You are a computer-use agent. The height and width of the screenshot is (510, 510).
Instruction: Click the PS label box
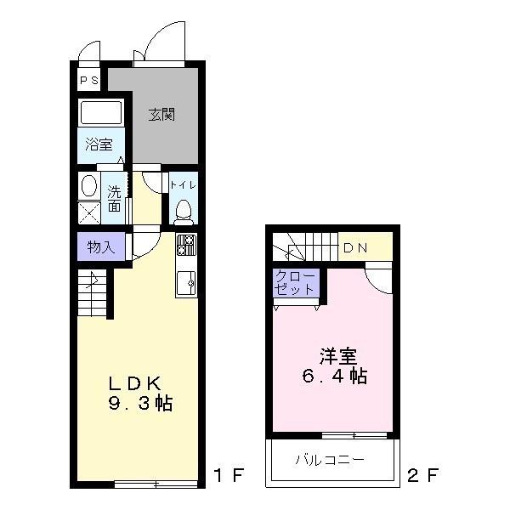click(88, 82)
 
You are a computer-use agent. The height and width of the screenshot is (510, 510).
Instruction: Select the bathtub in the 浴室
click(102, 113)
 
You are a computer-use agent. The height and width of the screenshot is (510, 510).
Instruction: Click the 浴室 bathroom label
click(99, 145)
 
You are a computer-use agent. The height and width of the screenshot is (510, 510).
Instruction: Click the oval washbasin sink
click(89, 186)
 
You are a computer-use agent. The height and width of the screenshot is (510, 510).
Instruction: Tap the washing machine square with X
click(89, 212)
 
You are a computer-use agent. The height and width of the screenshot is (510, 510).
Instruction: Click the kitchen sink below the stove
click(186, 280)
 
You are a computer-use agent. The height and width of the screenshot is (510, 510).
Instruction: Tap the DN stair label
click(354, 248)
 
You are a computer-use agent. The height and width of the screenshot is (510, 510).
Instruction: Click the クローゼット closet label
click(295, 283)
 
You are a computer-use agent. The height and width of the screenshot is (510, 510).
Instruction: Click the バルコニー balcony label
click(330, 461)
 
